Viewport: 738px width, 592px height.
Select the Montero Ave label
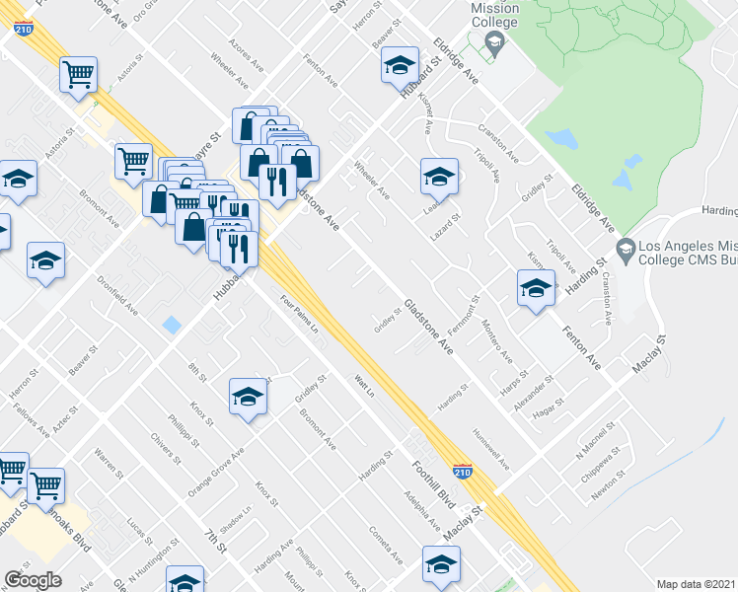click(497, 341)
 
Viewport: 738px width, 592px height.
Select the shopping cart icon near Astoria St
click(78, 73)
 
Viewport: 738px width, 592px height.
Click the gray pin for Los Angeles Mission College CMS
click(623, 246)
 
